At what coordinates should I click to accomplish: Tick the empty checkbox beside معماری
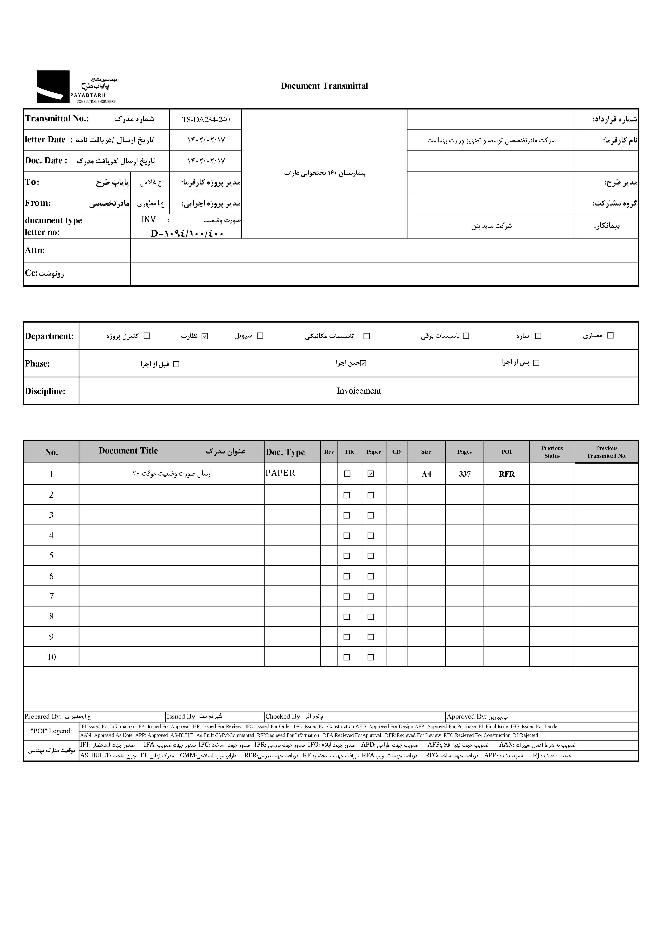(610, 336)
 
